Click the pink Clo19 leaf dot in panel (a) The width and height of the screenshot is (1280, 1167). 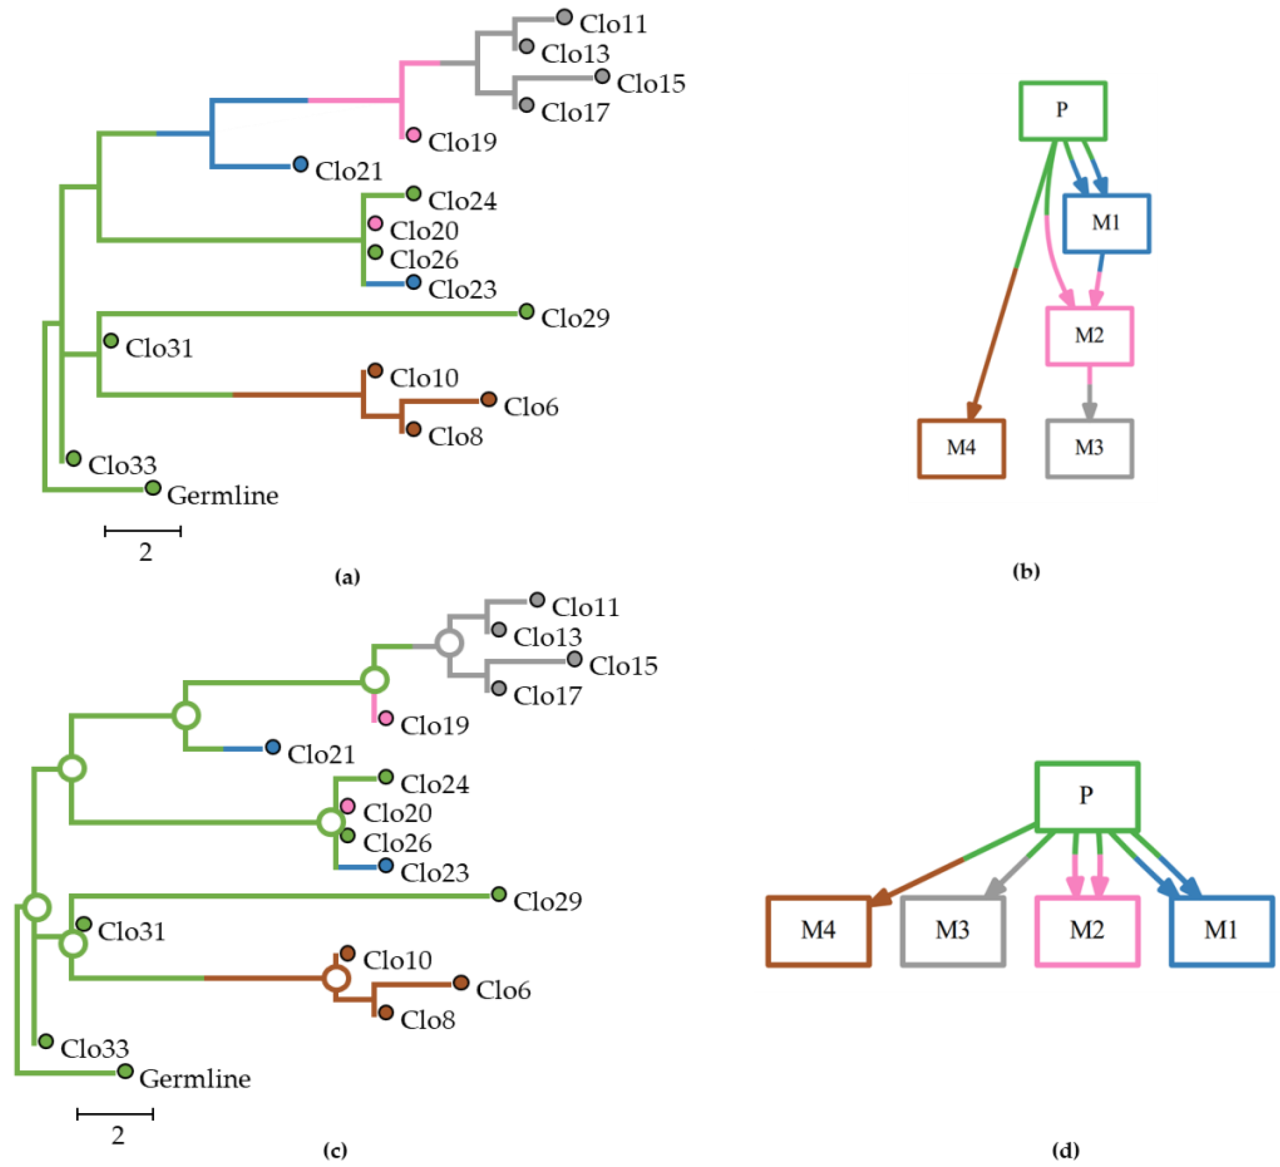tap(413, 134)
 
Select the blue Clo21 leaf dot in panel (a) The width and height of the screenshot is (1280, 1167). tap(300, 164)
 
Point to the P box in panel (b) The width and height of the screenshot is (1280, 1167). tap(1063, 111)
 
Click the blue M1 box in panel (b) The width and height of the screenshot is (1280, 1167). tap(1106, 223)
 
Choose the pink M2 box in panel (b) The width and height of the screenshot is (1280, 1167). tap(1089, 336)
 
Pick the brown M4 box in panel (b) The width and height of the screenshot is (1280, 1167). tap(960, 448)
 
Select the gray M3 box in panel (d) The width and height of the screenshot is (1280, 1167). tap(952, 931)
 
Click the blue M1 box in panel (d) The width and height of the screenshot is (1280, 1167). tap(1221, 931)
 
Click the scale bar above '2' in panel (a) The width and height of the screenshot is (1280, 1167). tap(143, 531)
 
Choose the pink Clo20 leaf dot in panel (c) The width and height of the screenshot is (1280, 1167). tap(347, 806)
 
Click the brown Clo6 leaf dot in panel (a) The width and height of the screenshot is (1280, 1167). tap(488, 399)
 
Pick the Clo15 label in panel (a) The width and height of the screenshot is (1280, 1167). tap(651, 84)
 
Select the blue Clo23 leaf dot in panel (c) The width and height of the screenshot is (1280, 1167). tap(385, 865)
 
